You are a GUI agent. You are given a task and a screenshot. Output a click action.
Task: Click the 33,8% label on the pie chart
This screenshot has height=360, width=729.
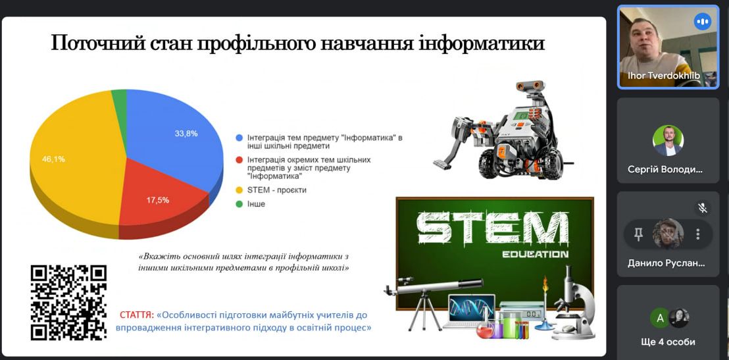pos(186,134)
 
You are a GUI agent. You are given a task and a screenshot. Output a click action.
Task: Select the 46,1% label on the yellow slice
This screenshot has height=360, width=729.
pos(54,159)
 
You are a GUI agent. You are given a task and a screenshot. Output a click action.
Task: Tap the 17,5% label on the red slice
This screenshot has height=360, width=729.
pos(158,199)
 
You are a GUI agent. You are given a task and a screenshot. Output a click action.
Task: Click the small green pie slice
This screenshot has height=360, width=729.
pos(120,99)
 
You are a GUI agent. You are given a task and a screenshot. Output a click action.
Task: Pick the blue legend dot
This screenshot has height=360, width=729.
pos(239,138)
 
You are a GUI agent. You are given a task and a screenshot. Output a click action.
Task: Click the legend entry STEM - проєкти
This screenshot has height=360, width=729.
pos(277,190)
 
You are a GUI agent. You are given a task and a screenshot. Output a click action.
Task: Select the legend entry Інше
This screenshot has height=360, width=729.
pos(256,204)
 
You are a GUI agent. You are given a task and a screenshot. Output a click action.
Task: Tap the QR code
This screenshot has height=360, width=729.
pos(68,302)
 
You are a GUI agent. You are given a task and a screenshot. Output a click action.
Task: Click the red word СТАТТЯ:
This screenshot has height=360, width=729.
pos(137,315)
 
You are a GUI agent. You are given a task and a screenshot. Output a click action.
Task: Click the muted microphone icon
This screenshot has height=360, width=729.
pos(703,208)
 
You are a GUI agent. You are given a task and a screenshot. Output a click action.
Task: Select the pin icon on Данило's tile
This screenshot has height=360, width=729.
pos(638,234)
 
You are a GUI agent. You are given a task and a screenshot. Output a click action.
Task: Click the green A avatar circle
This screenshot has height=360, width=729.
pos(659,319)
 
